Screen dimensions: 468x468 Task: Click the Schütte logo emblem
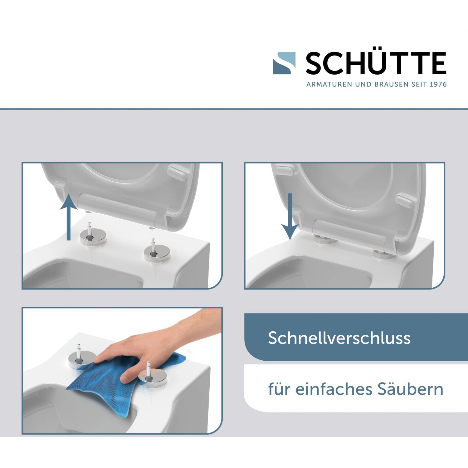[284, 63]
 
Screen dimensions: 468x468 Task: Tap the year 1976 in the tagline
[438, 84]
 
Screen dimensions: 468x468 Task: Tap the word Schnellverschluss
[339, 338]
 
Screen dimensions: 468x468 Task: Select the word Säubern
[410, 389]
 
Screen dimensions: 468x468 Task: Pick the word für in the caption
[280, 389]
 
